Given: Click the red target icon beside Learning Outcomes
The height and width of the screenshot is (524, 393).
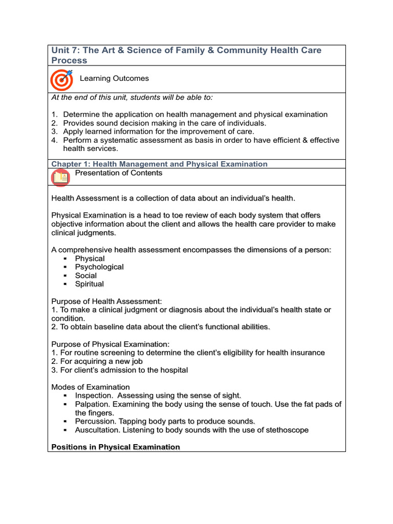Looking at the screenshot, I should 61,80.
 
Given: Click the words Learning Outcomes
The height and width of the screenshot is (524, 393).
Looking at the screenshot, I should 114,78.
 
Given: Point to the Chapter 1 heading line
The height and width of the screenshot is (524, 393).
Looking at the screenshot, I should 159,164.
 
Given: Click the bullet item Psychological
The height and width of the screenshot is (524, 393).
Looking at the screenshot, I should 99,267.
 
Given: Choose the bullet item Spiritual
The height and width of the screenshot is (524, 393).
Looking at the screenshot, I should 90,284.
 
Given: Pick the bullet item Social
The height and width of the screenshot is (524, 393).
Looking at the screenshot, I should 86,275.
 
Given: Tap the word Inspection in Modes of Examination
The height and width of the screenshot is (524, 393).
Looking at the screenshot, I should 94,396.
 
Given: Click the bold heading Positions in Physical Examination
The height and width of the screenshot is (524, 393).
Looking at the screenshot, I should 116,447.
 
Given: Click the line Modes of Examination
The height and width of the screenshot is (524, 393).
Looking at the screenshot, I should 91,387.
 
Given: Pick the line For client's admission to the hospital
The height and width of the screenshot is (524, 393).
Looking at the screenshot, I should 120,370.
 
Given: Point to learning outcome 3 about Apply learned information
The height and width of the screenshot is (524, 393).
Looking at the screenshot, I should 158,132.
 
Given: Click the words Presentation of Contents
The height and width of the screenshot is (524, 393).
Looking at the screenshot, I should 118,173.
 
